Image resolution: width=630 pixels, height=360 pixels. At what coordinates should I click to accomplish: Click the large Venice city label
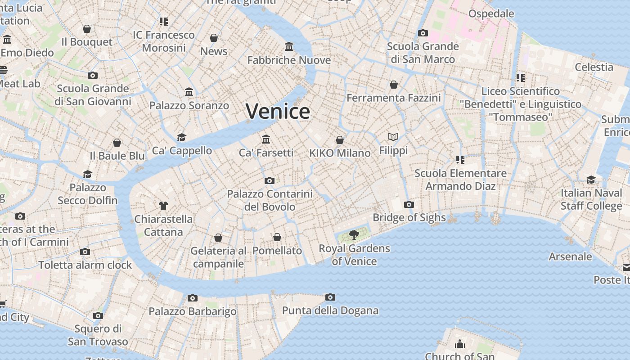(x=278, y=111)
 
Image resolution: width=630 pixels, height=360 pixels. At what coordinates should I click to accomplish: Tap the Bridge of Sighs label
(x=409, y=218)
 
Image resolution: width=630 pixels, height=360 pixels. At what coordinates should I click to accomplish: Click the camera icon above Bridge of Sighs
(x=409, y=204)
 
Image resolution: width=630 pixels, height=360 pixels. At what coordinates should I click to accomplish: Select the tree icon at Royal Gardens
(x=354, y=234)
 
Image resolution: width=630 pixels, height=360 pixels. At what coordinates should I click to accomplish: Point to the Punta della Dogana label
(x=330, y=310)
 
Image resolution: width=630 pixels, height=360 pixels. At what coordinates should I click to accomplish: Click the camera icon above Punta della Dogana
(x=330, y=297)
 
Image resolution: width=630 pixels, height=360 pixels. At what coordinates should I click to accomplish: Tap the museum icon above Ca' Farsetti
(x=266, y=139)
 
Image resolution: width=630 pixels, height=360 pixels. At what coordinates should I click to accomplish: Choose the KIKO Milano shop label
(x=340, y=153)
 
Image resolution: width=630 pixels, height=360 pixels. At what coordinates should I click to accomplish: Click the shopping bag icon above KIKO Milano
(x=340, y=140)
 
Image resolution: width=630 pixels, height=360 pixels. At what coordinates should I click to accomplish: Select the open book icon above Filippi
(x=393, y=137)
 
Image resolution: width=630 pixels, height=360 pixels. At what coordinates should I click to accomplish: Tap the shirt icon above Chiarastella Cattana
(x=163, y=206)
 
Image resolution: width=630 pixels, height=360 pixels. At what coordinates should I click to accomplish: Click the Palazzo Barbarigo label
(x=193, y=311)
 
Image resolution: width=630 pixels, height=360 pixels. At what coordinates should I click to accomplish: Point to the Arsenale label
(x=570, y=256)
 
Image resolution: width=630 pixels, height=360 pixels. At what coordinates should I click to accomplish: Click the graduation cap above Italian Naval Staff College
(x=591, y=180)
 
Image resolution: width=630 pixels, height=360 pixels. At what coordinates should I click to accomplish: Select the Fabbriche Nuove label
(x=289, y=60)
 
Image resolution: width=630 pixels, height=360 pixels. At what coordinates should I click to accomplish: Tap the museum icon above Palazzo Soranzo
(x=189, y=92)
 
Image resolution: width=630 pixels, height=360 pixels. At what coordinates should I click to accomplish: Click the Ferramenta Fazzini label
(x=393, y=98)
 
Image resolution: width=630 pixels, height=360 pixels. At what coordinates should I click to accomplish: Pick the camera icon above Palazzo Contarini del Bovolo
(x=270, y=180)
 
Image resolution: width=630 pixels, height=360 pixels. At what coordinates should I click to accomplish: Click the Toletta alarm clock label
(x=85, y=265)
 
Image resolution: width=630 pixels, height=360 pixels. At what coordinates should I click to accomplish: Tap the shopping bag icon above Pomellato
(x=277, y=237)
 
